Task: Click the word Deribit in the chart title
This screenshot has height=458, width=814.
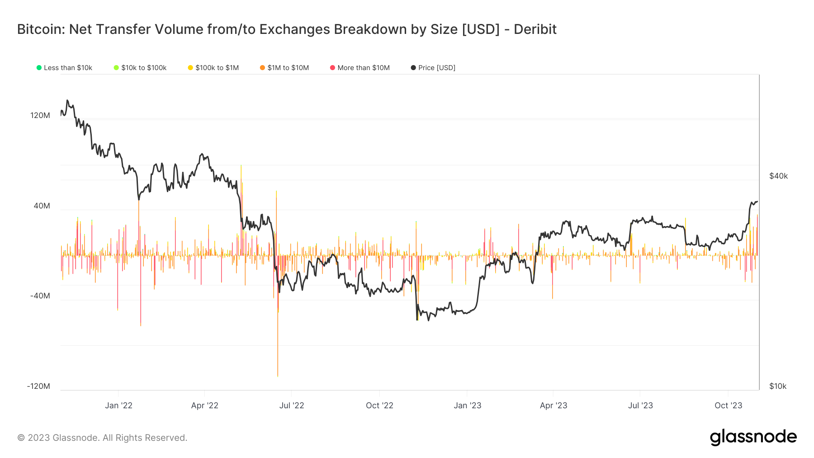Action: (535, 29)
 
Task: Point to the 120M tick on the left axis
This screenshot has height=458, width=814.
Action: (40, 115)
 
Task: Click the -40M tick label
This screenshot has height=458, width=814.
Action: (40, 296)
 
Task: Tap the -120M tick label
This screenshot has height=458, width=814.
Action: (38, 386)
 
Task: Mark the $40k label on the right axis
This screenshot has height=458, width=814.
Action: (778, 176)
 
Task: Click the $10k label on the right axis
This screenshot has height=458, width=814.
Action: (778, 386)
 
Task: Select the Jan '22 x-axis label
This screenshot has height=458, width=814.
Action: (118, 406)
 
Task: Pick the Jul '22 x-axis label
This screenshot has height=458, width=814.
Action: (292, 406)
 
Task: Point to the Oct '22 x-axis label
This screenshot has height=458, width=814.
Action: (379, 406)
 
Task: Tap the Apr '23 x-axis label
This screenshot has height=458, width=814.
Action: (554, 406)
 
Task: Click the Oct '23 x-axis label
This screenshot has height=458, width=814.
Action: (728, 406)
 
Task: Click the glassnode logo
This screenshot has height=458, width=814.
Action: (753, 437)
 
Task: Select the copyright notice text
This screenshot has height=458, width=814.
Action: (102, 438)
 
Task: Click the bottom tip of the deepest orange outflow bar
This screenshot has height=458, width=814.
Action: (278, 376)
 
